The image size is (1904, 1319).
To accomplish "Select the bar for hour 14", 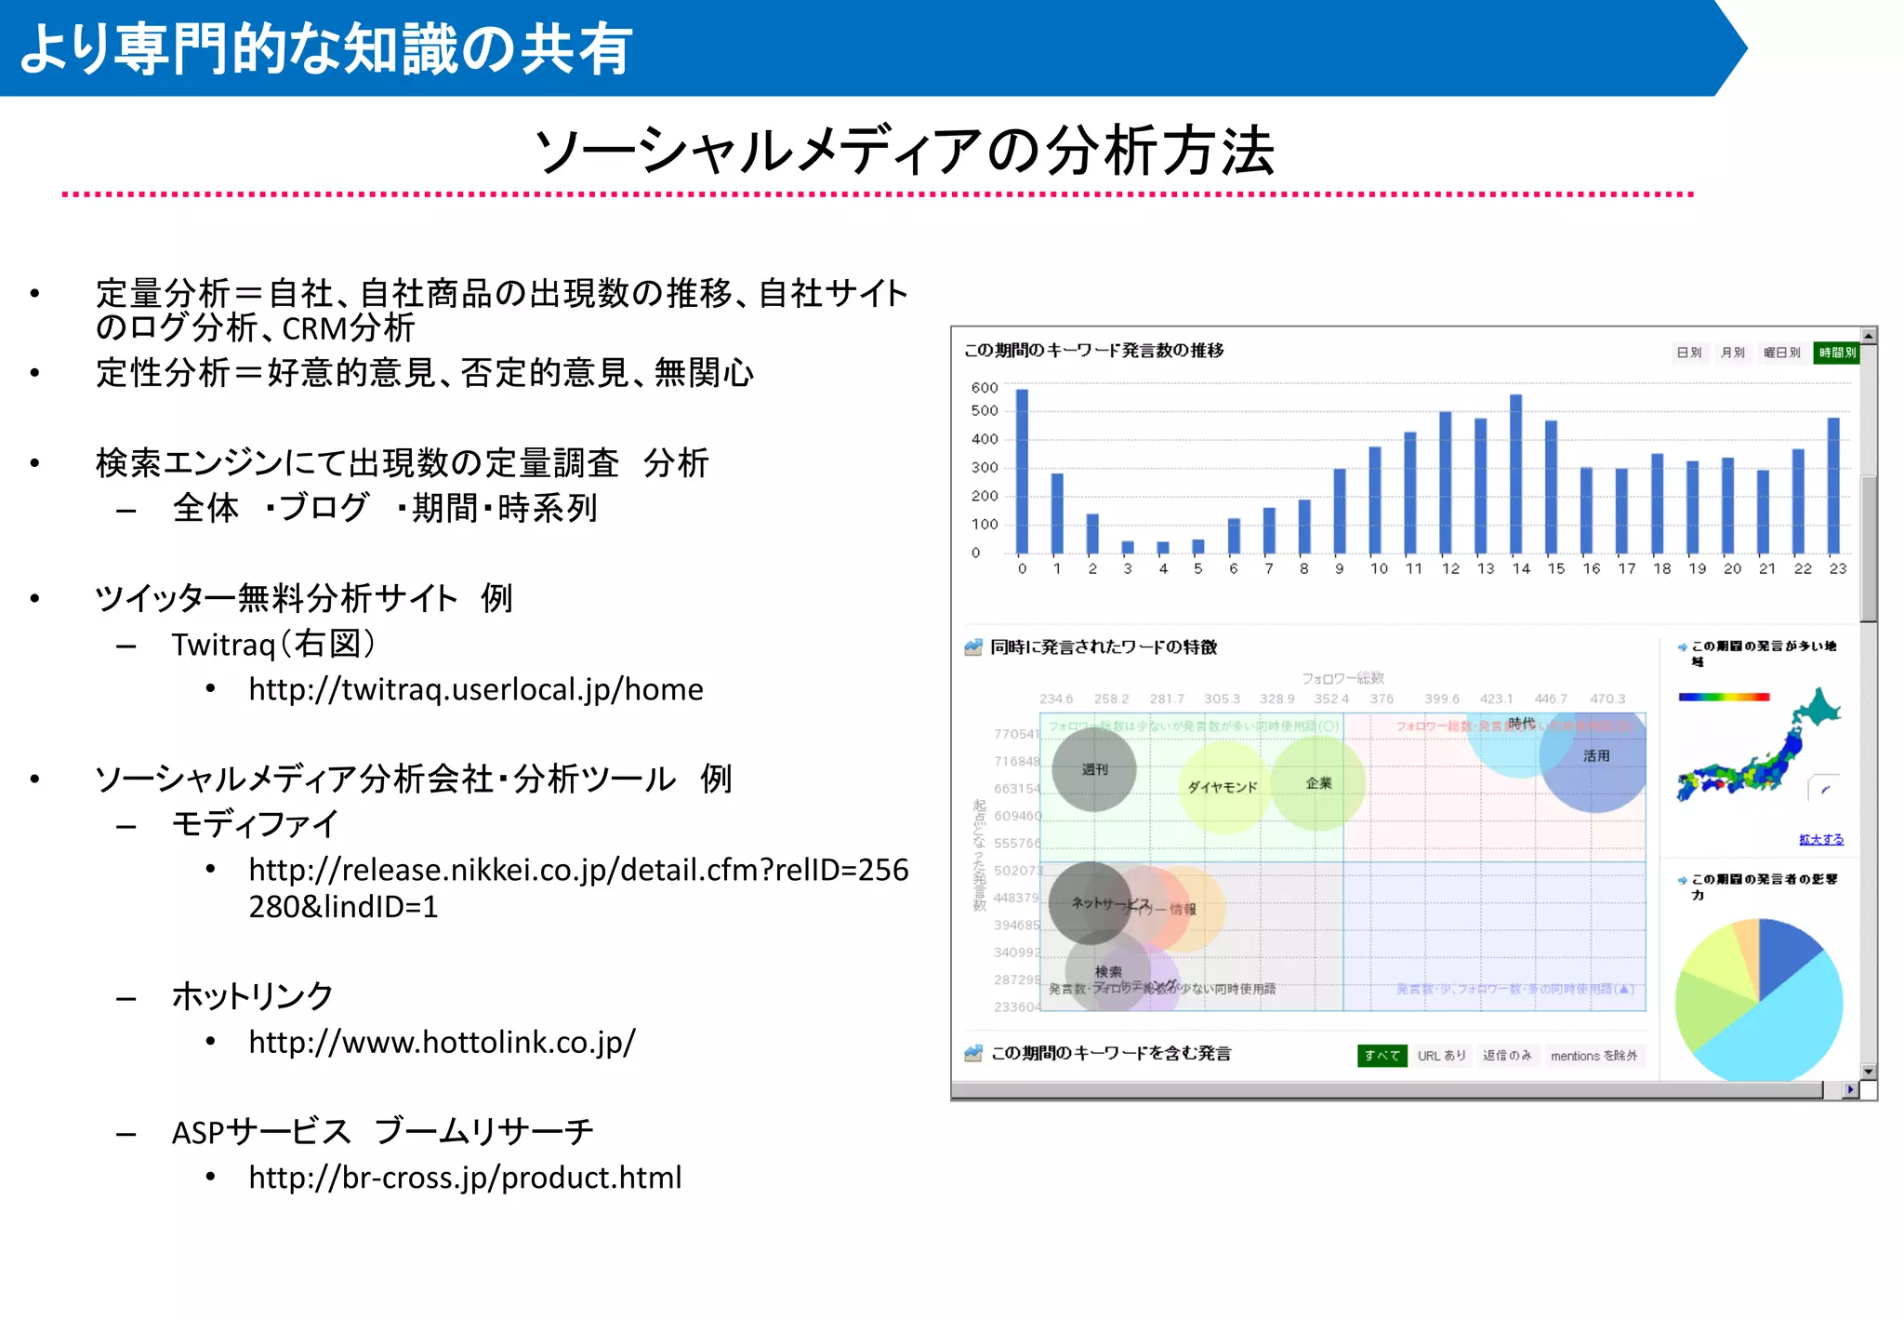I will point(1515,474).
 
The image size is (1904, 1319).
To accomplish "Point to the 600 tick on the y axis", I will point(984,388).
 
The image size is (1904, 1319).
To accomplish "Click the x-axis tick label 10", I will point(1378,568).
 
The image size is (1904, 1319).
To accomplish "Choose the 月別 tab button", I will point(1731,353).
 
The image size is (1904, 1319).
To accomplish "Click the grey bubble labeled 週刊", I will point(1094,769).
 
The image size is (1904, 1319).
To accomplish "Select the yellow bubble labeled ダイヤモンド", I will point(1222,787).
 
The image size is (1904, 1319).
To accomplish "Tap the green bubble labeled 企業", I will point(1318,783).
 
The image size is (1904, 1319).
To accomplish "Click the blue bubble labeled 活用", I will point(1595,757).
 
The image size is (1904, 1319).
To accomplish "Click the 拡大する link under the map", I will point(1820,839).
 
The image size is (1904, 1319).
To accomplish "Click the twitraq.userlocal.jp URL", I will point(475,689).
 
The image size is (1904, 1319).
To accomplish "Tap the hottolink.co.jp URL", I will point(442,1042).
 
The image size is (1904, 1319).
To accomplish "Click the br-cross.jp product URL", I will point(465,1178).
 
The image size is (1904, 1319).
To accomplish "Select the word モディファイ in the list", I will point(255,823).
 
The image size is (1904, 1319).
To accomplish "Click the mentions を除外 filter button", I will point(1593,1056).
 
